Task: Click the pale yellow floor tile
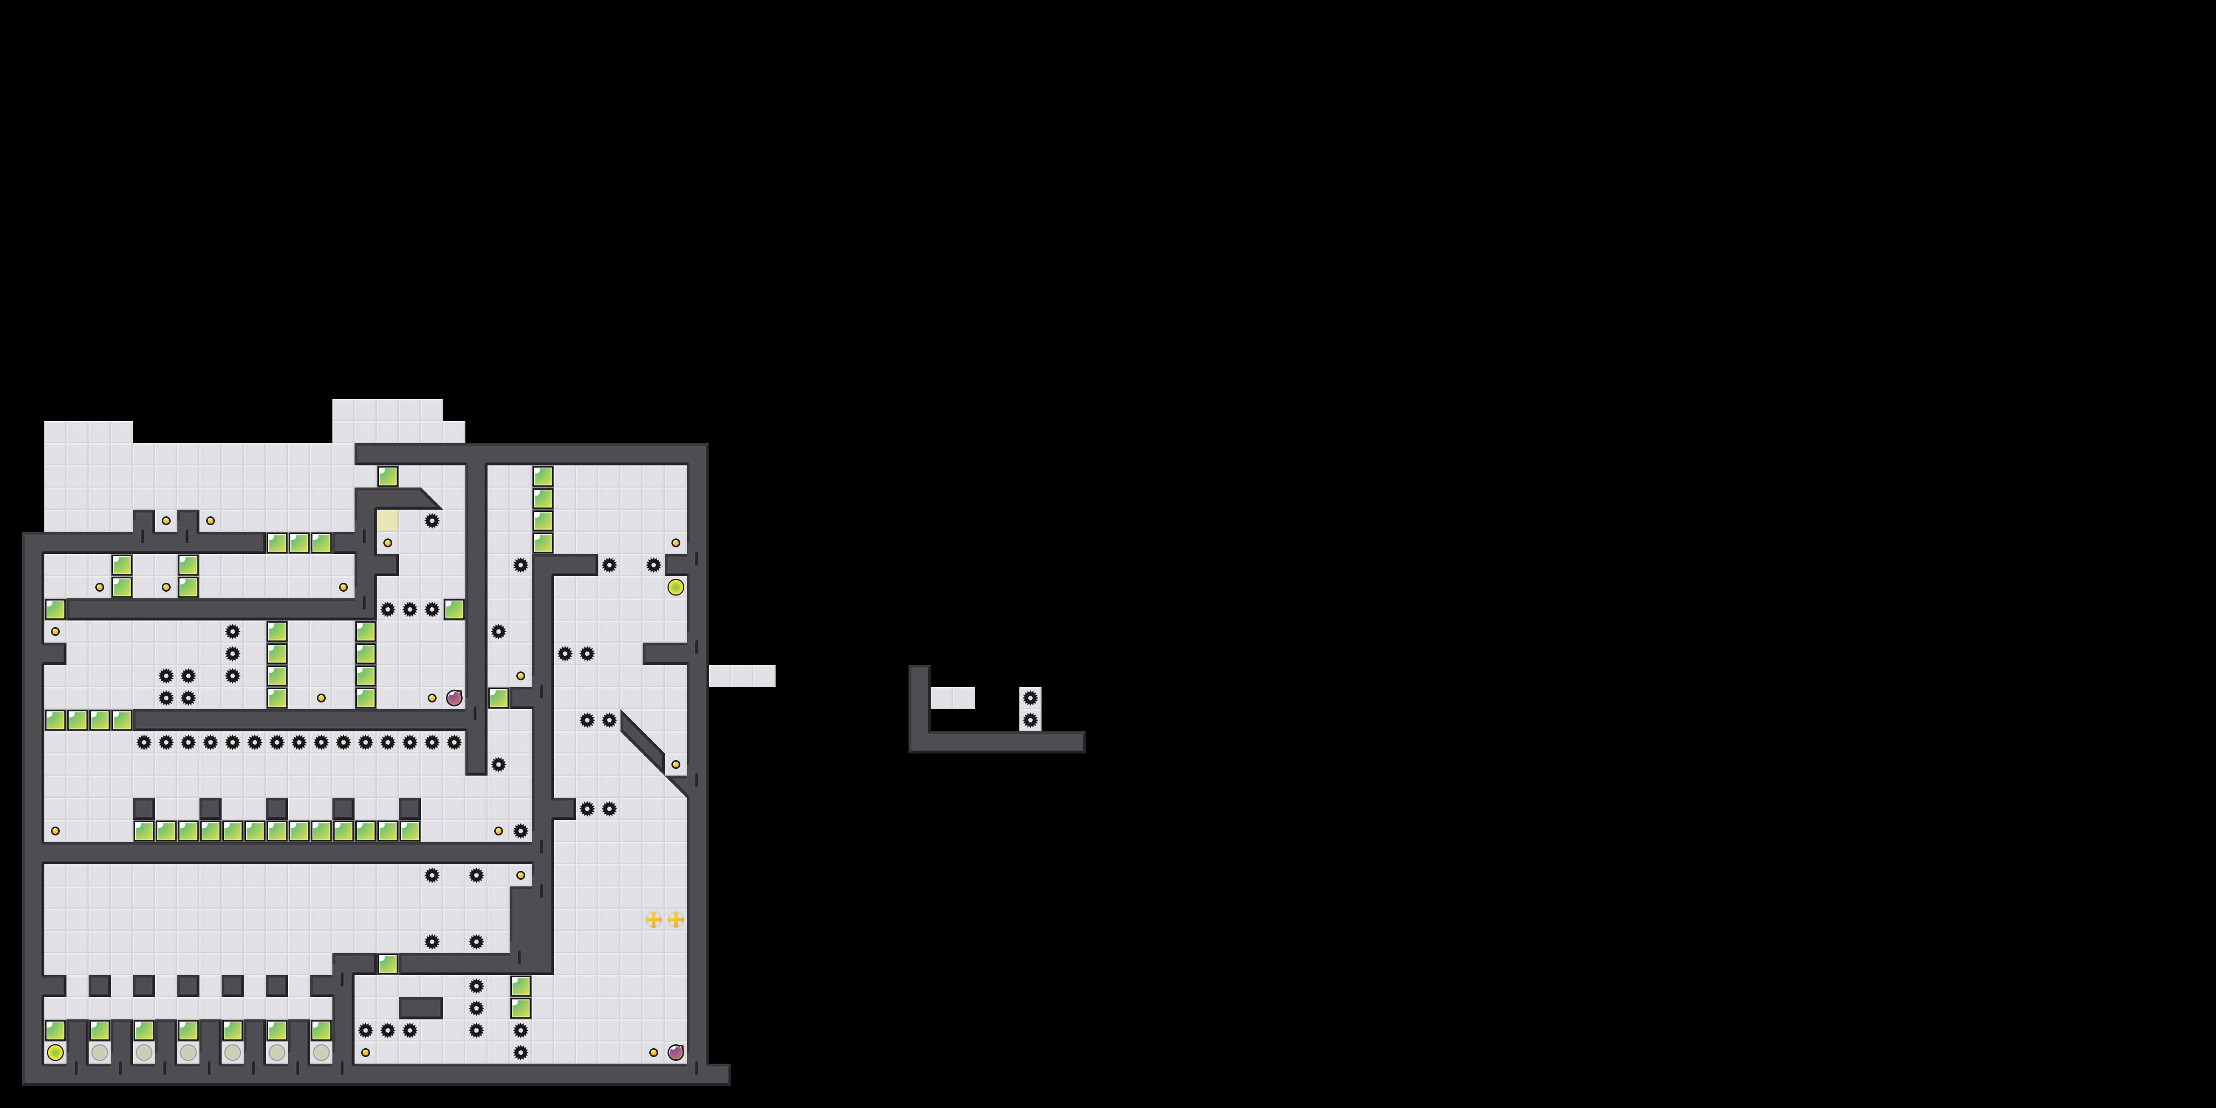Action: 387,520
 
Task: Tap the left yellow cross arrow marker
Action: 654,920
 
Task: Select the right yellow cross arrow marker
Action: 676,920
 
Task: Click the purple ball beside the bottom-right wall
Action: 676,1052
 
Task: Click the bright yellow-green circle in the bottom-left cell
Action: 55,1052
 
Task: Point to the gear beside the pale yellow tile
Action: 432,520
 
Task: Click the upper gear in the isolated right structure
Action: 1030,697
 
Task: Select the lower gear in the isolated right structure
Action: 1030,720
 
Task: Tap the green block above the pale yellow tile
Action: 387,476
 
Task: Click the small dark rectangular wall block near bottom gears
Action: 420,1007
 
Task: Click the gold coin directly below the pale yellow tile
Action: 387,543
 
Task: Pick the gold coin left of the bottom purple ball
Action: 654,1052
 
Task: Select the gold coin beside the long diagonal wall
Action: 676,765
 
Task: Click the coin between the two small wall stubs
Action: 166,520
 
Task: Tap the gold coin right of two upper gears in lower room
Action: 520,875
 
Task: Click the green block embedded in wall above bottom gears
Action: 387,963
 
